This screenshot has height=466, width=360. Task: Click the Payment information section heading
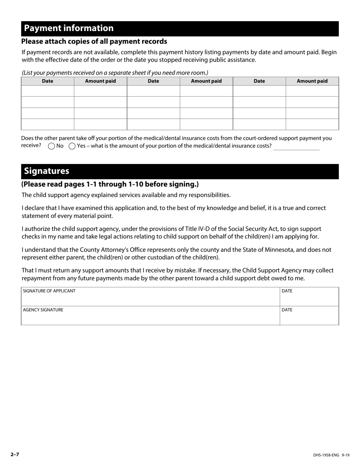tap(69, 28)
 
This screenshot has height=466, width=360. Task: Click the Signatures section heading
tap(47, 171)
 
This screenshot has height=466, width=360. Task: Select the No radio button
tap(52, 146)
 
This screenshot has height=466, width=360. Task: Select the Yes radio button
tap(72, 146)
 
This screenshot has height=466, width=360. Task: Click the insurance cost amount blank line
tap(296, 147)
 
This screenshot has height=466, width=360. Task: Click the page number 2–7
tap(15, 454)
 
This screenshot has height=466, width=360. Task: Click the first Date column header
tap(47, 81)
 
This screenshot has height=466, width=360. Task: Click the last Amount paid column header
tap(312, 81)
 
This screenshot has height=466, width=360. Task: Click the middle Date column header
tap(153, 81)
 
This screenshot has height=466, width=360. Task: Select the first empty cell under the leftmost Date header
tap(47, 91)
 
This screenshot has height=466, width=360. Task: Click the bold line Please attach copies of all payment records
tap(94, 41)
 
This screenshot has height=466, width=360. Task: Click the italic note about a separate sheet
tap(115, 73)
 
